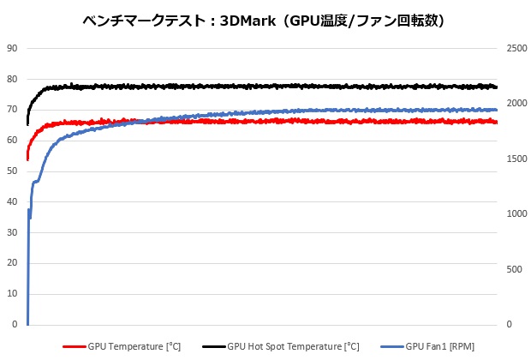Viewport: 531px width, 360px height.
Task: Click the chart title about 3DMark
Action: (x=265, y=19)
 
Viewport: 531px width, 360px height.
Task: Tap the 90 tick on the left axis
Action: (x=12, y=48)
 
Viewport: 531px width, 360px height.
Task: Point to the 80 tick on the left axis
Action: (x=12, y=79)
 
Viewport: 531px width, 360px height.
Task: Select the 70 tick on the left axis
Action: (x=12, y=110)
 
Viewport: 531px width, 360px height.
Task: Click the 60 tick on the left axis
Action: (x=12, y=141)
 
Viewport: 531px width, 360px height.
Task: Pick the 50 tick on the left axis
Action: (x=12, y=171)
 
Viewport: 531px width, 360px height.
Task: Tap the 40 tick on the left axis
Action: (x=12, y=202)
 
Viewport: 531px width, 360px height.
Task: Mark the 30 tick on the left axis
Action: (x=12, y=233)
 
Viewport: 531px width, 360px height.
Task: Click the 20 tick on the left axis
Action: (x=12, y=264)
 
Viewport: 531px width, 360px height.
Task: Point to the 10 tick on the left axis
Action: (x=12, y=295)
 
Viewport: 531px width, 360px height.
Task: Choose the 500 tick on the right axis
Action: (x=515, y=270)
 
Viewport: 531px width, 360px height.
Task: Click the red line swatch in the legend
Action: (x=75, y=346)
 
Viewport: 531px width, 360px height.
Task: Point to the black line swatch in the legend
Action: (x=214, y=346)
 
